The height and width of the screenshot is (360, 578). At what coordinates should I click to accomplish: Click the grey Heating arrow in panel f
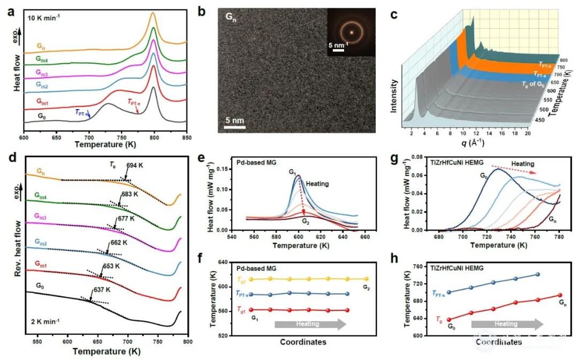coord(310,324)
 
